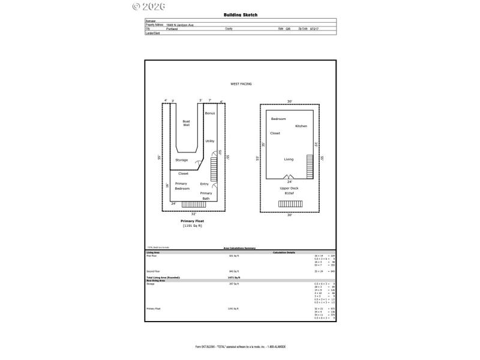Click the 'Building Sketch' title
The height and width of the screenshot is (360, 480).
pos(240,15)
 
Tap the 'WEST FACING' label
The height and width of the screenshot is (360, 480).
pos(241,84)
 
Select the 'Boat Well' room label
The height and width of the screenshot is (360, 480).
pos(186,123)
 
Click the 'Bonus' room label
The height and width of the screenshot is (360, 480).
pos(209,113)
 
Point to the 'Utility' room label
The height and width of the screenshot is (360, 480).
pos(209,141)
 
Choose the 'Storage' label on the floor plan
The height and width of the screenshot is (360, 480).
pos(181,160)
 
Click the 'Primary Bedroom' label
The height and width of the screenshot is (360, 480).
pos(181,186)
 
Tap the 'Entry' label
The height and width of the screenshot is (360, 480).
pos(205,184)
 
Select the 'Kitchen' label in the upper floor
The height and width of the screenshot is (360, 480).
pos(301,126)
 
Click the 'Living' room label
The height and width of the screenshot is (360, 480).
pos(289,159)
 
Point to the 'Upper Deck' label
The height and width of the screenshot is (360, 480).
pos(289,188)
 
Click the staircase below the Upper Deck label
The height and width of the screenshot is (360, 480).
pos(289,203)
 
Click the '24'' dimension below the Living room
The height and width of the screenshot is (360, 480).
pos(289,181)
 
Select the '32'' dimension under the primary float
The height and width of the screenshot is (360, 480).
pos(193,213)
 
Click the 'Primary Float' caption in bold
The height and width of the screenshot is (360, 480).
pos(193,221)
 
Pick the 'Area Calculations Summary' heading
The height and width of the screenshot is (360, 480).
pos(240,248)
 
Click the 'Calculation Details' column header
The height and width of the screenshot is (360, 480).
pos(284,252)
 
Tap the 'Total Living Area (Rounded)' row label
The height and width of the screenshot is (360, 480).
pos(163,278)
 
